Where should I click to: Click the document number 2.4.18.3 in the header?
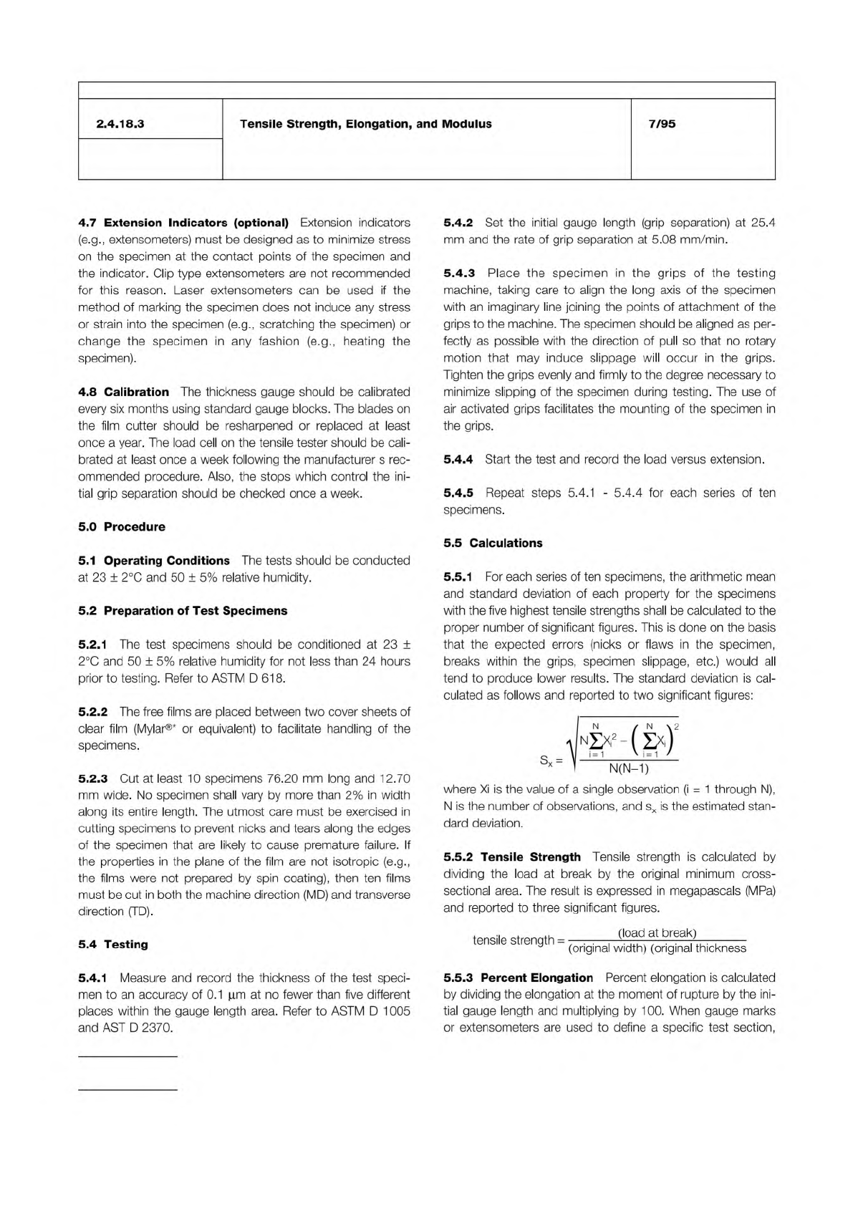click(x=120, y=124)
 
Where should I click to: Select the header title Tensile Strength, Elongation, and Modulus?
click(x=365, y=124)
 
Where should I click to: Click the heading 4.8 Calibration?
click(x=123, y=392)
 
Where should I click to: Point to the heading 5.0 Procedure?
click(x=121, y=527)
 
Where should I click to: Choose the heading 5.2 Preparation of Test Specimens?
click(x=183, y=611)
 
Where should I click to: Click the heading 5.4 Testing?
click(x=112, y=945)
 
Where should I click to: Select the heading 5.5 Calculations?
click(x=493, y=543)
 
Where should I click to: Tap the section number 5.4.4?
click(x=458, y=459)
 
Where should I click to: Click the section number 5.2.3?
click(x=92, y=778)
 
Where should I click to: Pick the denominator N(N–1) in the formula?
click(x=628, y=769)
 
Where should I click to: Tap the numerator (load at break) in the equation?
click(x=657, y=932)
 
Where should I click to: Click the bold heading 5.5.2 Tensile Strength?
click(x=512, y=857)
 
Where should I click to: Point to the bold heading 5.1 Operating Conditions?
click(x=154, y=561)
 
